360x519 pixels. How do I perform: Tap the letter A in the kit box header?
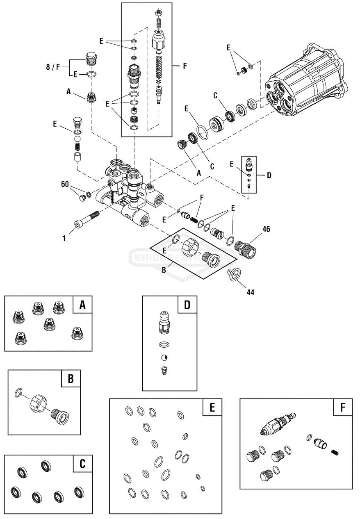82,305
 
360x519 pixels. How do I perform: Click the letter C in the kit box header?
82,464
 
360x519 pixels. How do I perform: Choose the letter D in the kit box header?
187,305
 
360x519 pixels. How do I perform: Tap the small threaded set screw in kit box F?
335,452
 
